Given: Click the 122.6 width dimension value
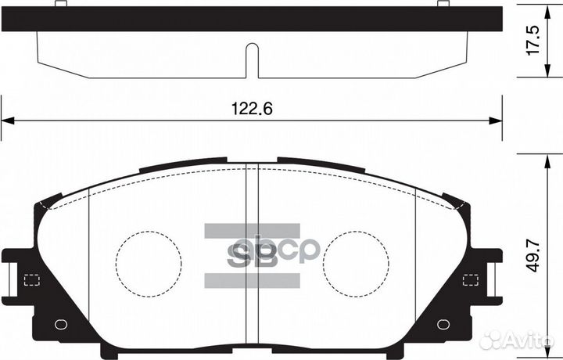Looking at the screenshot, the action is (252, 109).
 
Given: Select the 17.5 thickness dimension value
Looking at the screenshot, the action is (533, 40).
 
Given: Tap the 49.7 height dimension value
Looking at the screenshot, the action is (533, 256).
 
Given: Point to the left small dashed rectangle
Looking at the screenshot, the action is (32, 280).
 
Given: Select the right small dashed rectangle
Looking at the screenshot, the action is (471, 280).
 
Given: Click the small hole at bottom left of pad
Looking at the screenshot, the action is (61, 325).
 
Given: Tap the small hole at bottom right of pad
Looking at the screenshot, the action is (443, 325).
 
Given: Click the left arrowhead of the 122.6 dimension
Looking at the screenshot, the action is (8, 121).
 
